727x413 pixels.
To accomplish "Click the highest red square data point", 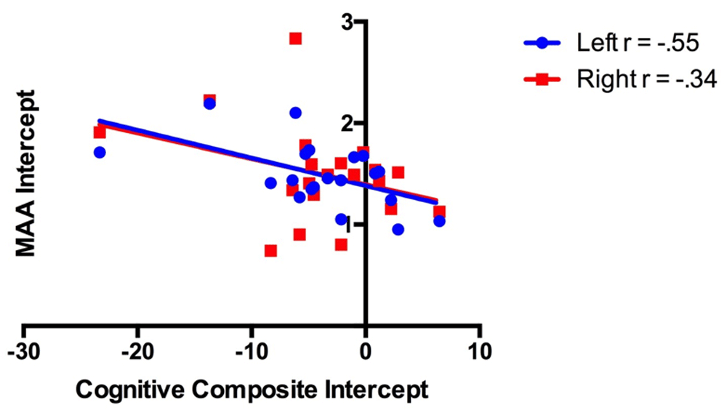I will click(x=295, y=39).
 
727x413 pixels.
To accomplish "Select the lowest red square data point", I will click(x=270, y=251).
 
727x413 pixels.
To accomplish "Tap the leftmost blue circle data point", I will click(x=100, y=152).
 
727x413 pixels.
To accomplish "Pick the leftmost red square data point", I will click(x=100, y=132).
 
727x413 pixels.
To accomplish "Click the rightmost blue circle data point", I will click(x=439, y=221).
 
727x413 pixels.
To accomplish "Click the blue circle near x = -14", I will click(x=209, y=104).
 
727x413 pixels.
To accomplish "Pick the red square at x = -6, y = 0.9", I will click(x=299, y=234).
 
